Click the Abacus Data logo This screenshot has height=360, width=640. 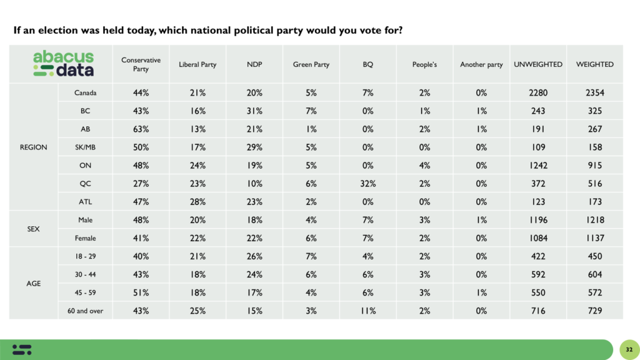(x=63, y=64)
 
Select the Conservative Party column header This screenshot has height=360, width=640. (x=141, y=64)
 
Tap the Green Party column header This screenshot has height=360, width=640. (x=311, y=64)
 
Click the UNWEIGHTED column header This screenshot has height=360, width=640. (x=537, y=64)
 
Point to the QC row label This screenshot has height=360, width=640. (x=84, y=184)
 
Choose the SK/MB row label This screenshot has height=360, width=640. (x=84, y=147)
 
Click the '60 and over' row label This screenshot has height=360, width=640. (x=84, y=311)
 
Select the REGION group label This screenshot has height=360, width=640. (x=34, y=147)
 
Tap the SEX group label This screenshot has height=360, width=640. (x=34, y=229)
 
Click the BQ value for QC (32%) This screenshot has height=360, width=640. (x=367, y=184)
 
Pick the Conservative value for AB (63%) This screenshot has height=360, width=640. (x=141, y=129)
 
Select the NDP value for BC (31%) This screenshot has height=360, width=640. (x=254, y=111)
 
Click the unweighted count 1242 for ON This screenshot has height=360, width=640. (x=537, y=166)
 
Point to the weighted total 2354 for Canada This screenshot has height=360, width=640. (x=594, y=93)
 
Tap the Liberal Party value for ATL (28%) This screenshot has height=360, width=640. (x=197, y=202)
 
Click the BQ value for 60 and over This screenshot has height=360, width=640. (x=367, y=311)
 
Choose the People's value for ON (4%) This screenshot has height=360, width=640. (x=424, y=166)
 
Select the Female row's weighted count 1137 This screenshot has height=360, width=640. (x=594, y=238)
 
